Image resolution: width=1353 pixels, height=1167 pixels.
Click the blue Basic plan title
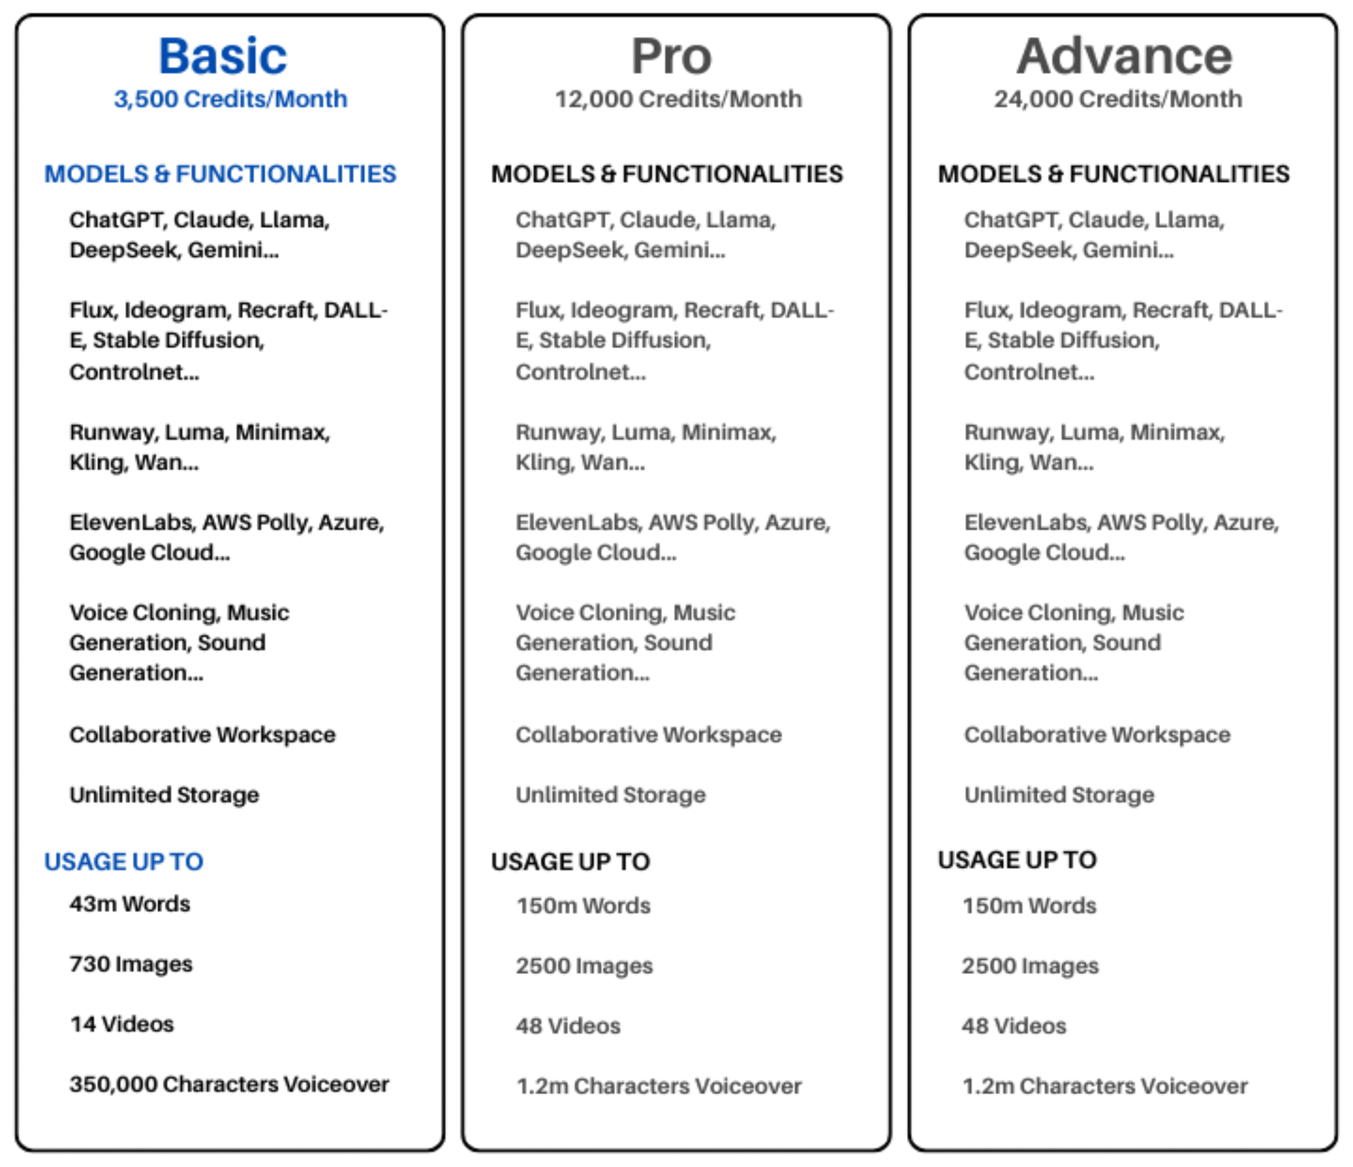(x=223, y=56)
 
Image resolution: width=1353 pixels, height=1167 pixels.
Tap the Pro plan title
(x=671, y=56)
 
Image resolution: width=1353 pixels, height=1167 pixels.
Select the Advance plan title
(x=1124, y=56)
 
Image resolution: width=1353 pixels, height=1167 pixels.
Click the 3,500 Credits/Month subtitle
(x=230, y=99)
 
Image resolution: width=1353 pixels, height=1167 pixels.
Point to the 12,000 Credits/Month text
(x=678, y=99)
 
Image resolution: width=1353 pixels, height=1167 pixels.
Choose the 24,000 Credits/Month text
(x=1118, y=99)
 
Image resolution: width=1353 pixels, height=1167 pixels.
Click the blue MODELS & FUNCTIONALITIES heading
(x=220, y=174)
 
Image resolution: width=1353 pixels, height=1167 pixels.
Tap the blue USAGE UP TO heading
(x=124, y=862)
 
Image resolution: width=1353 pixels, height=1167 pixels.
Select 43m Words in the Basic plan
(x=129, y=904)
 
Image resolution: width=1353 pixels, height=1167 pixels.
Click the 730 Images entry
(x=131, y=964)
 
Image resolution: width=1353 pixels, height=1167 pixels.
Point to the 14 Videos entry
(x=122, y=1024)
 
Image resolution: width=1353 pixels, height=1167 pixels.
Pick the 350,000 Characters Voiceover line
(x=229, y=1084)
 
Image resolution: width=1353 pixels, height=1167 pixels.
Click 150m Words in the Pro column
(x=583, y=905)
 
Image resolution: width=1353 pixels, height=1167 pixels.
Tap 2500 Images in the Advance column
(x=1030, y=966)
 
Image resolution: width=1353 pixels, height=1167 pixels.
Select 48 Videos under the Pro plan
(x=568, y=1026)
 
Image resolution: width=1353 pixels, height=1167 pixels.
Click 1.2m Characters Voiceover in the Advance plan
(x=1105, y=1086)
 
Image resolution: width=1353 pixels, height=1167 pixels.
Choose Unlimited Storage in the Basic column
(x=164, y=795)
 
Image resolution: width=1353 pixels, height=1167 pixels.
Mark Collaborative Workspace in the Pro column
(x=648, y=735)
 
